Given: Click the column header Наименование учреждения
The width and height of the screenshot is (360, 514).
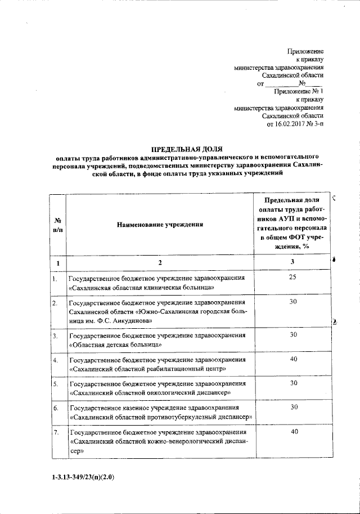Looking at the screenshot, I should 159,225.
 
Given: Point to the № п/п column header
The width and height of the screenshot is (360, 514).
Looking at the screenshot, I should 57,224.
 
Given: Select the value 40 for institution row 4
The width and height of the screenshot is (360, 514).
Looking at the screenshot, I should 292,359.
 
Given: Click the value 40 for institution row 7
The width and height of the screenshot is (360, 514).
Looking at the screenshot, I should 292,431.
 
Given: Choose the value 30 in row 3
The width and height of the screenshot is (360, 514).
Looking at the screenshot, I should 292,334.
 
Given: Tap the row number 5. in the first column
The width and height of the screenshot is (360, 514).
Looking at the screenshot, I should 56,384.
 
